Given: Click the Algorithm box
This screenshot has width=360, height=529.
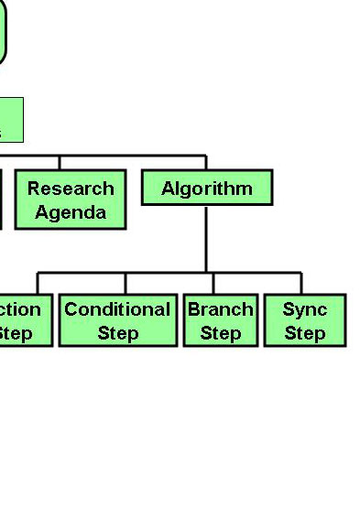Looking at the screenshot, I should point(207,189).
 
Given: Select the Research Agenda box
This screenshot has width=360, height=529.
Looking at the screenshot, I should point(71,200).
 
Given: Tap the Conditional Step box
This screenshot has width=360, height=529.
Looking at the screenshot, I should point(117,320).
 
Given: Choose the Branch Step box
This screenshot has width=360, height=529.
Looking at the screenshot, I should point(220,320).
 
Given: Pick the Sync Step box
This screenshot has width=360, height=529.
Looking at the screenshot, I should point(305,320).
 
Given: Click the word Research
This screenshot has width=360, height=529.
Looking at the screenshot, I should point(71,189).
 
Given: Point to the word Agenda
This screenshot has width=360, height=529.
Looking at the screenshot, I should point(71,212).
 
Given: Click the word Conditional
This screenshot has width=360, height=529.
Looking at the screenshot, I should point(117,309).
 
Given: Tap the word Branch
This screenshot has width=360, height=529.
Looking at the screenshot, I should point(220,309).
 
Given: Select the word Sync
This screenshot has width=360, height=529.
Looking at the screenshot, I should point(305,309).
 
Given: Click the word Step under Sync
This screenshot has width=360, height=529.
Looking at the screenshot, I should point(305,332).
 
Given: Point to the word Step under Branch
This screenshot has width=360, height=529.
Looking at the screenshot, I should point(220,332).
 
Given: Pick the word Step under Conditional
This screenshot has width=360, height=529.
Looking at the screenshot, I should point(117,332).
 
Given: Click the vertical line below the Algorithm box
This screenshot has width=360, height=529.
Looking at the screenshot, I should point(206,238).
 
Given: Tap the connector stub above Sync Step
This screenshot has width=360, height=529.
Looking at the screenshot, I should point(301,284).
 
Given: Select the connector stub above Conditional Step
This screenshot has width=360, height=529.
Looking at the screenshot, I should point(125,284).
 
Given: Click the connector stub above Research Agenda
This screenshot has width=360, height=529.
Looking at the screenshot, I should point(60,163).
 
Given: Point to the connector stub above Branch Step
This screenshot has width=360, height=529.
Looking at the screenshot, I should point(213,284).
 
